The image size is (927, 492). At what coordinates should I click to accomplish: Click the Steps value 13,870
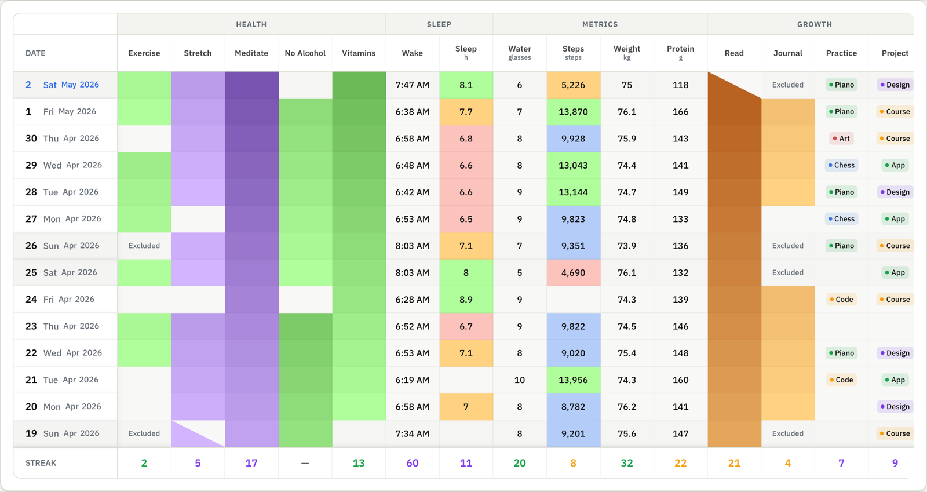pyautogui.click(x=573, y=112)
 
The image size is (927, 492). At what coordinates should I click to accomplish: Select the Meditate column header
pyautogui.click(x=251, y=53)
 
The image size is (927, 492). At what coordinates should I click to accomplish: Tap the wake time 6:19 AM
pyautogui.click(x=412, y=380)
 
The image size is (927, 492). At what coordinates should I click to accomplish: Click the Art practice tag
pyautogui.click(x=841, y=138)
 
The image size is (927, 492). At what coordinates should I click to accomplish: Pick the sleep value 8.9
pyautogui.click(x=466, y=299)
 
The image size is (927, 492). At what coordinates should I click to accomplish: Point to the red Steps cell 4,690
pyautogui.click(x=573, y=273)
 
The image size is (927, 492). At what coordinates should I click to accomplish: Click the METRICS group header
pyautogui.click(x=600, y=24)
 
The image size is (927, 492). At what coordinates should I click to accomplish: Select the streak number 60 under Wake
pyautogui.click(x=412, y=462)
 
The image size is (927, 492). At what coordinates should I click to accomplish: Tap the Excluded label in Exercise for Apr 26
pyautogui.click(x=144, y=246)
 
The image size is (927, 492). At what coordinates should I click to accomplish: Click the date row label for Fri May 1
pyautogui.click(x=61, y=112)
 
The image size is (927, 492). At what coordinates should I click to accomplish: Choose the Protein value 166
pyautogui.click(x=680, y=112)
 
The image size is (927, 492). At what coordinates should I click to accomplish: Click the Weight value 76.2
pyautogui.click(x=626, y=407)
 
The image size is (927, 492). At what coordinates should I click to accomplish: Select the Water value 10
pyautogui.click(x=519, y=380)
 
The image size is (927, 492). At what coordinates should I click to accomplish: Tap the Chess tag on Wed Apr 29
pyautogui.click(x=841, y=165)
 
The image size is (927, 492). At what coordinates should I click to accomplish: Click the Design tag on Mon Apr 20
pyautogui.click(x=895, y=407)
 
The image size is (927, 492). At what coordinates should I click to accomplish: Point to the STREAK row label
pyautogui.click(x=41, y=463)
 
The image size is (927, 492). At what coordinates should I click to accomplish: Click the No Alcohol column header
pyautogui.click(x=305, y=53)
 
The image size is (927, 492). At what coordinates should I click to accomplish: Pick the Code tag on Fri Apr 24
pyautogui.click(x=841, y=299)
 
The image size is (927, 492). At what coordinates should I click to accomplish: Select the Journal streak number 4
pyautogui.click(x=787, y=462)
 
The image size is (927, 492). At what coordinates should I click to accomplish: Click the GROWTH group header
pyautogui.click(x=815, y=24)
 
